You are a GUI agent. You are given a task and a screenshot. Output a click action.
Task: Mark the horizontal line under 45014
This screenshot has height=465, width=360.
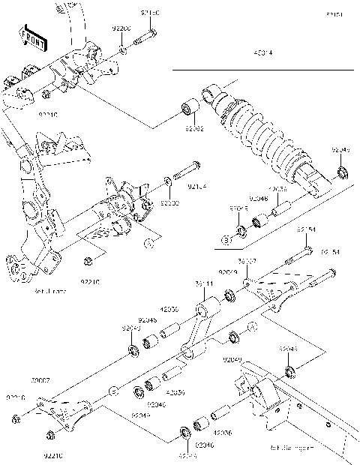point(262,70)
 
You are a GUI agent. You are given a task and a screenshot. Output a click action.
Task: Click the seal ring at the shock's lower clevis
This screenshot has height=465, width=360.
point(343,175)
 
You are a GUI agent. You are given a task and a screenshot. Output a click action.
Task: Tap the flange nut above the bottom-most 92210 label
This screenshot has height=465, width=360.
point(50,435)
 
